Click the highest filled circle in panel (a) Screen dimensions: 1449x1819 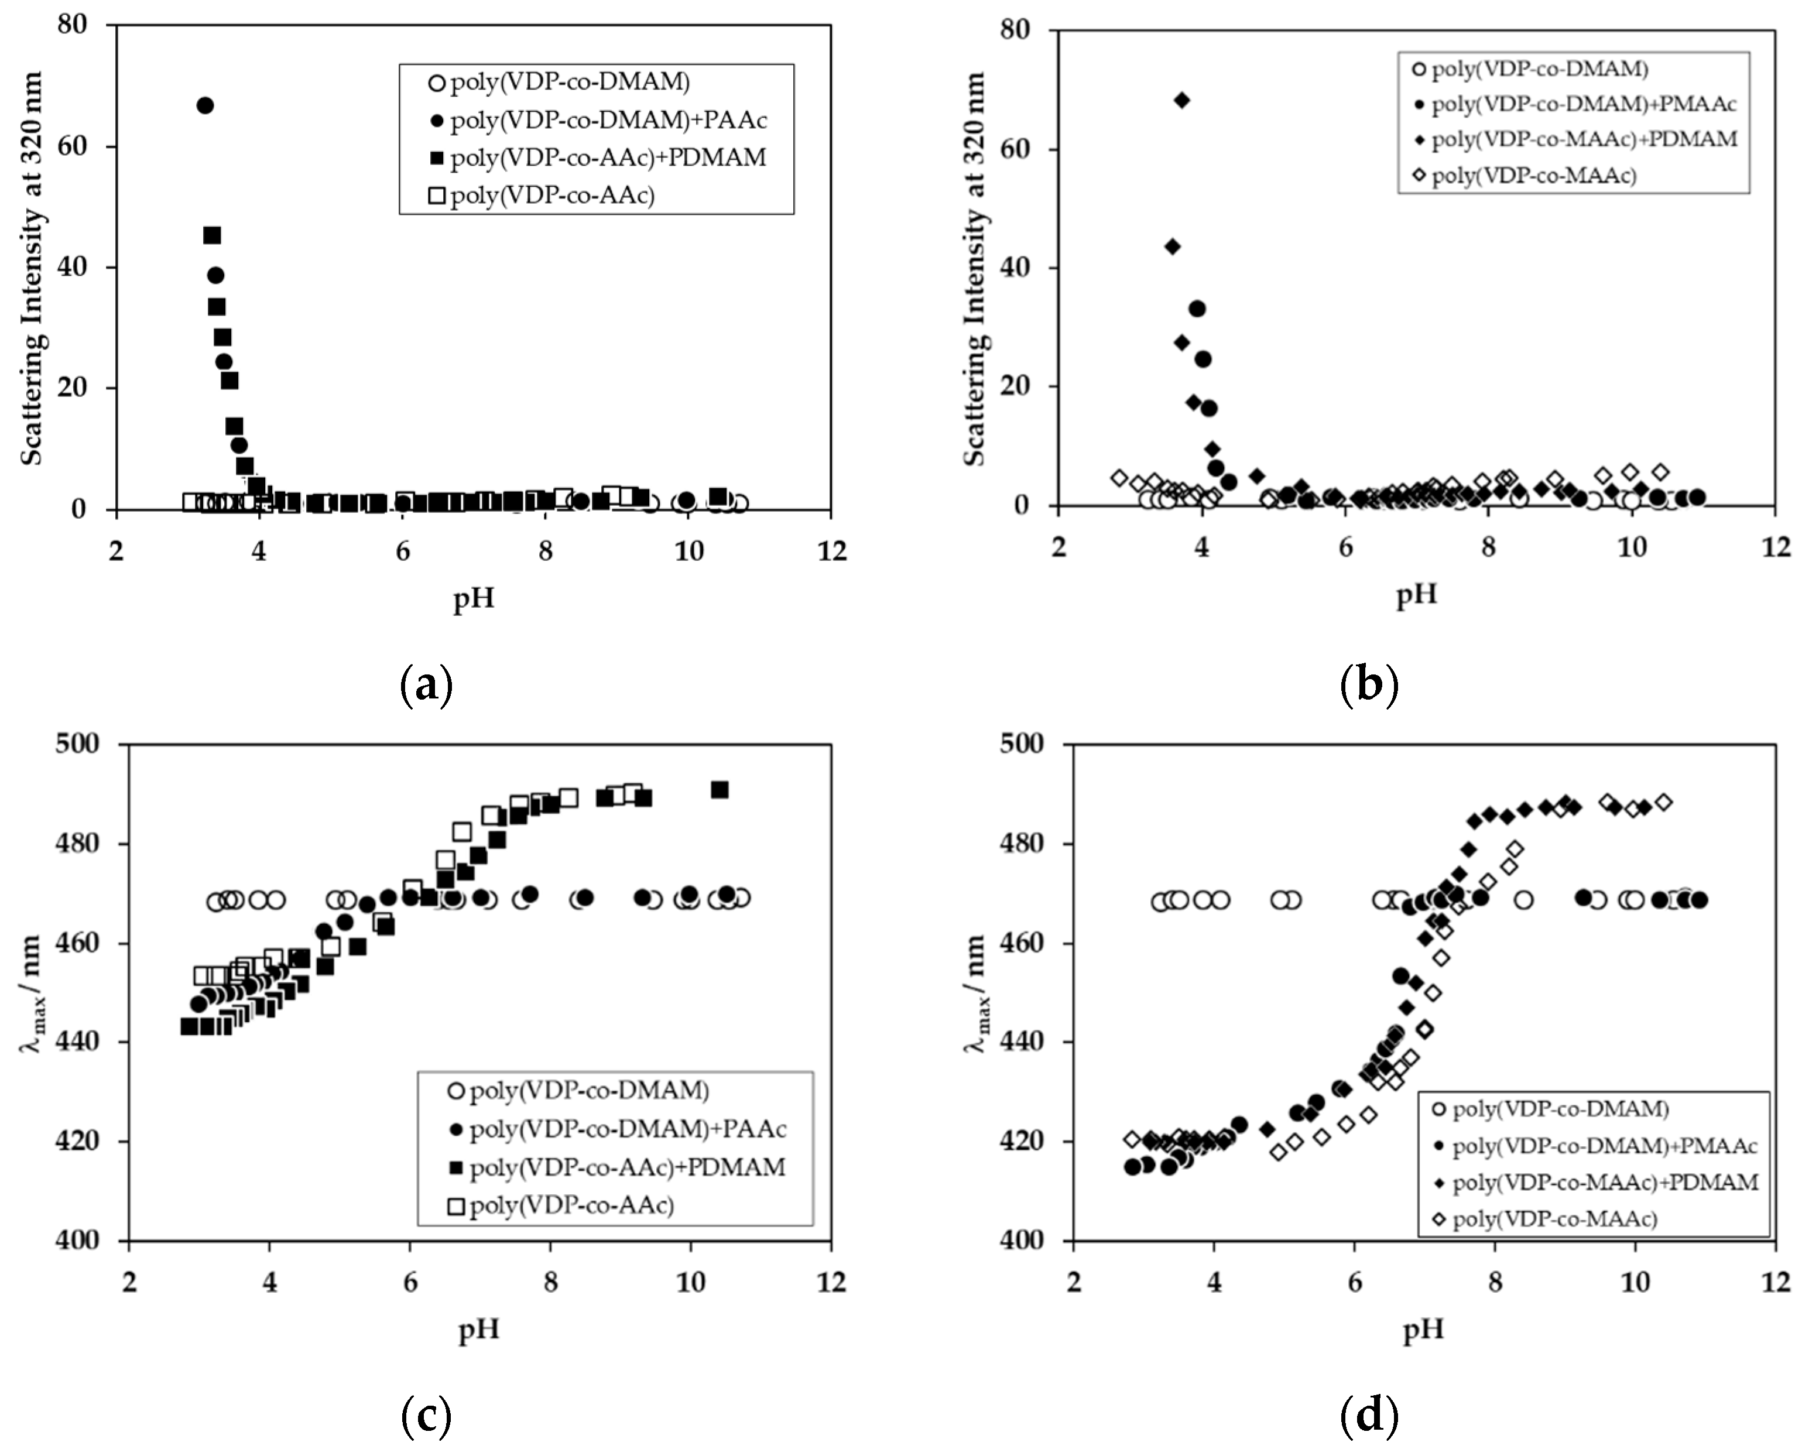tap(204, 105)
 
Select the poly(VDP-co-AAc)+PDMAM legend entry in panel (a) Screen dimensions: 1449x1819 tap(608, 158)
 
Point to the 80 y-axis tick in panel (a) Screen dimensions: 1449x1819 tap(73, 25)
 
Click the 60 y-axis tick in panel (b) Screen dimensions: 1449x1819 tap(1017, 149)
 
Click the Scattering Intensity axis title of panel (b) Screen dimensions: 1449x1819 tap(975, 268)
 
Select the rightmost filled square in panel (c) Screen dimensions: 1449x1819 tap(719, 790)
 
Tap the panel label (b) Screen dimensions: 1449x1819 tap(1369, 685)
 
